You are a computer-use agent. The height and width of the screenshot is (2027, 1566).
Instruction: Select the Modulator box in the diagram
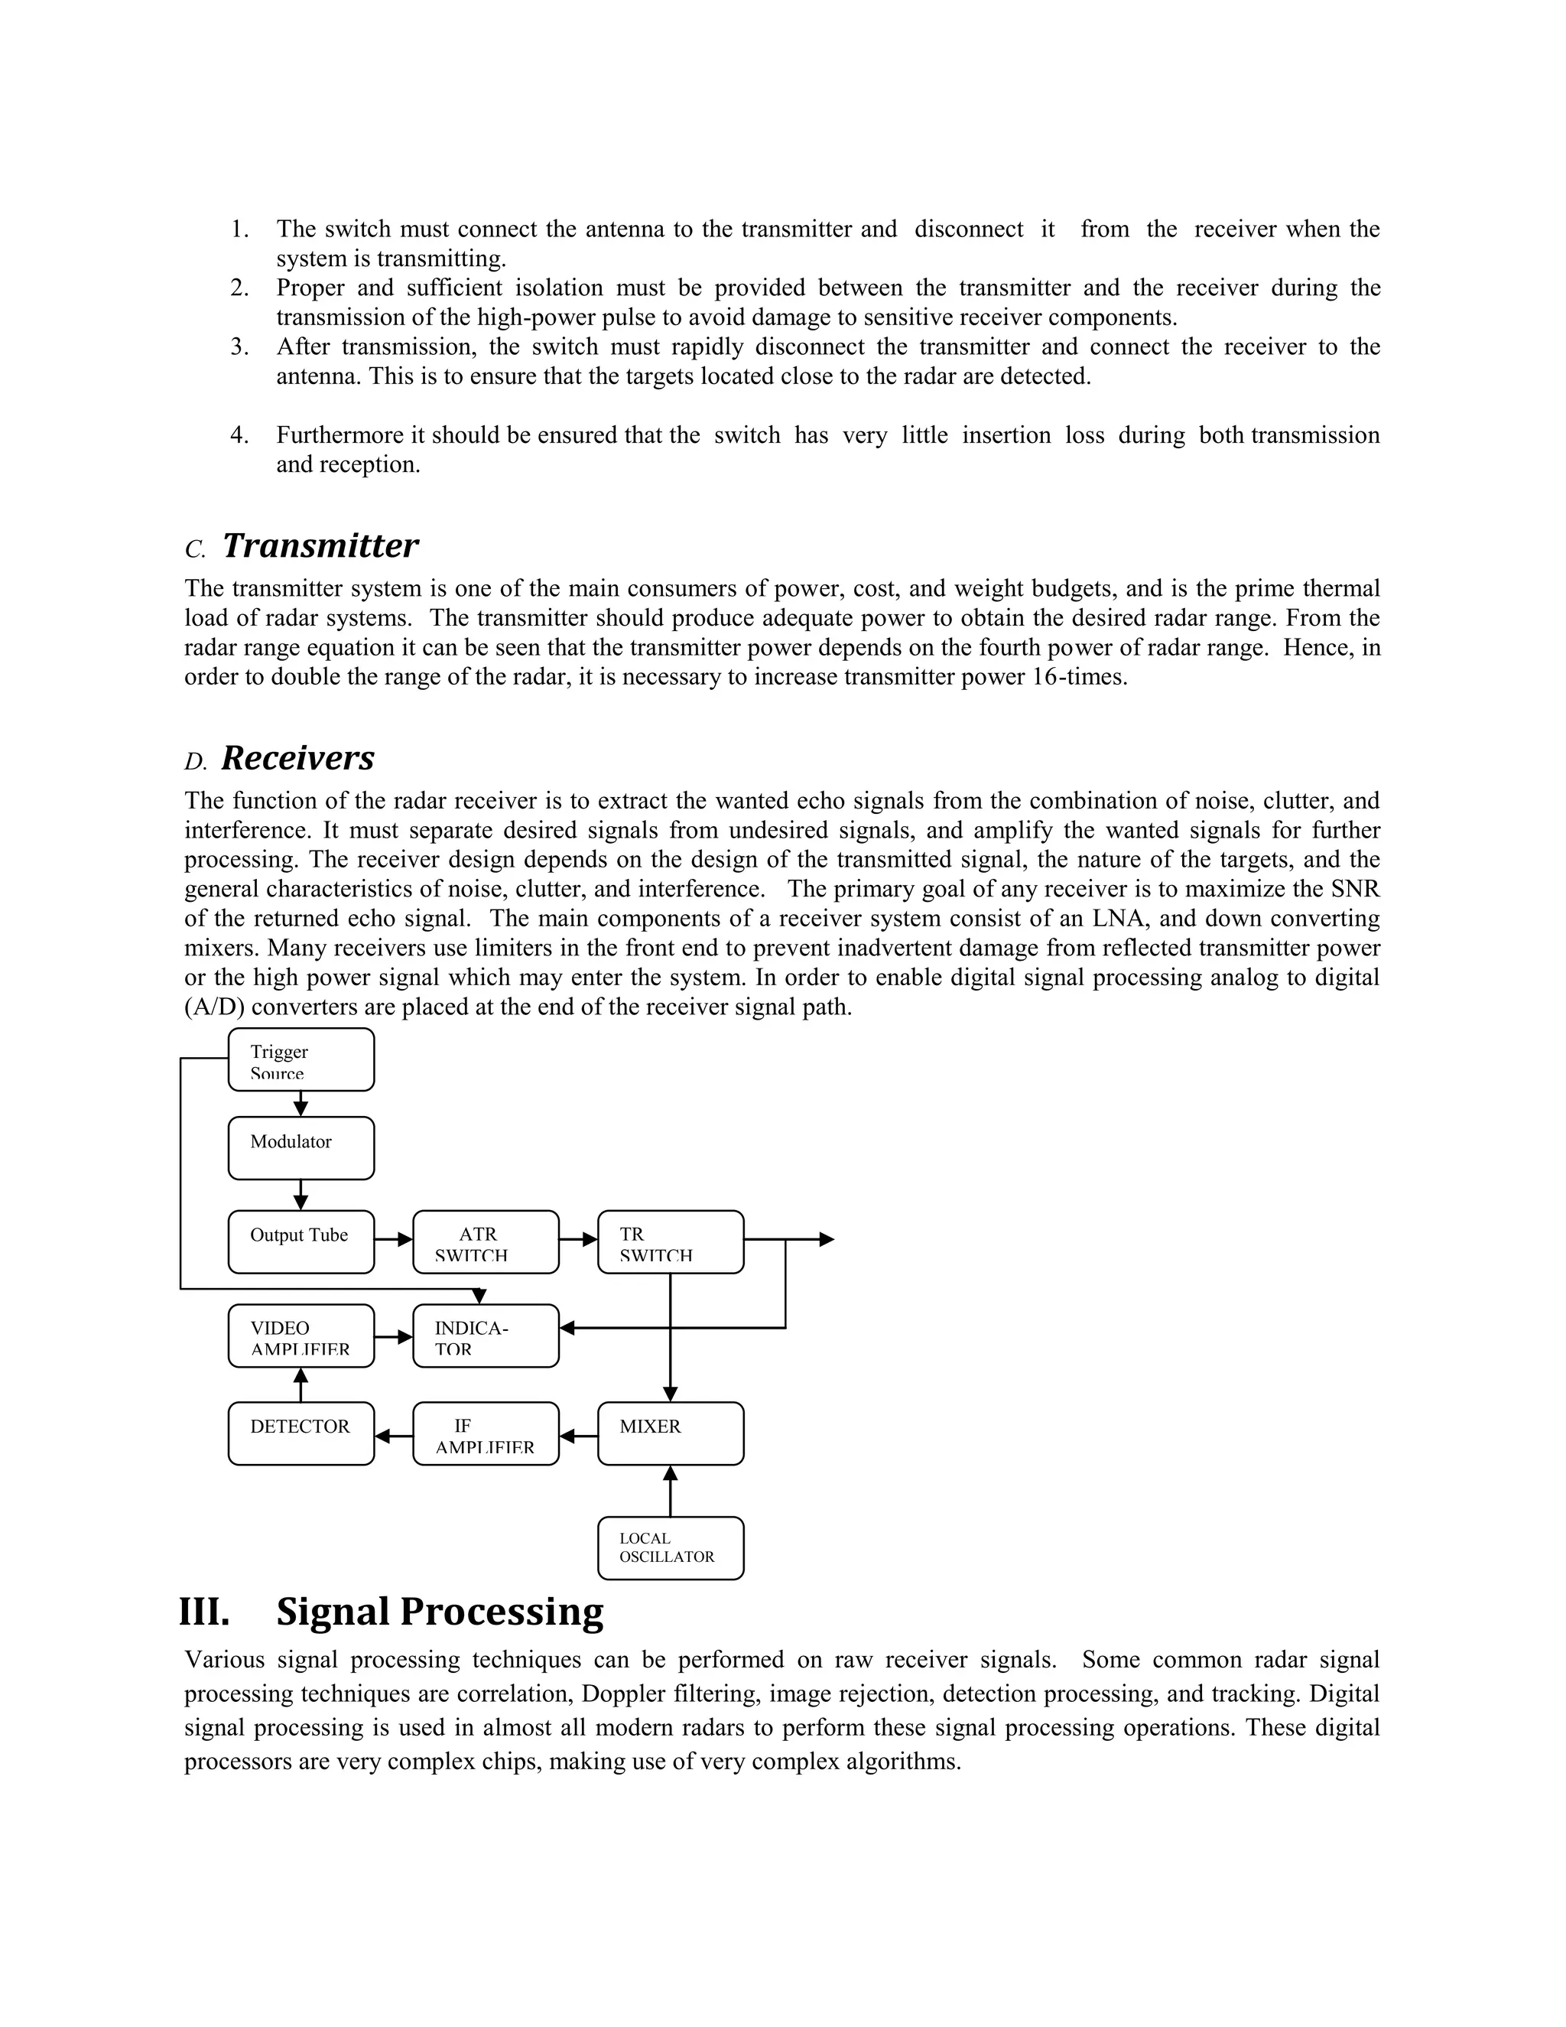pos(301,1148)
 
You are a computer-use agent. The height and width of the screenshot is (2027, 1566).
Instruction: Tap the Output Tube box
pos(301,1241)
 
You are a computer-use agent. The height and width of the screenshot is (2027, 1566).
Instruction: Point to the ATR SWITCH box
pos(486,1241)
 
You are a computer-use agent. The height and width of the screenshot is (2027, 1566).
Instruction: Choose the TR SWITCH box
pos(670,1241)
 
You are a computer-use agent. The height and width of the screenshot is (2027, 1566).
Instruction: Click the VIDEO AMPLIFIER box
pos(301,1336)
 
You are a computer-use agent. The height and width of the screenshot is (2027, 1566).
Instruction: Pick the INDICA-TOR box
pos(486,1336)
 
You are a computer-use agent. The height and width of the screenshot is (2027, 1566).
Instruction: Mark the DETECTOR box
pos(301,1433)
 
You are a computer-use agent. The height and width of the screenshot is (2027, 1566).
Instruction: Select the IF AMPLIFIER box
pos(486,1433)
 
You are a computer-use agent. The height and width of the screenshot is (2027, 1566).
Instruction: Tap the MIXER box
pos(670,1433)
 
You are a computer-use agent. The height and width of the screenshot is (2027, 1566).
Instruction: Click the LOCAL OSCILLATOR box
pos(670,1548)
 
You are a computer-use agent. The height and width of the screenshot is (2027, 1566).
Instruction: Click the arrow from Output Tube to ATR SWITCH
pos(393,1239)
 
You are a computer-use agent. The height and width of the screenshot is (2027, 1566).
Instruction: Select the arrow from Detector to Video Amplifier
pos(301,1384)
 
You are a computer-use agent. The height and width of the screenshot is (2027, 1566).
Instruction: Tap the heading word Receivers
pos(297,758)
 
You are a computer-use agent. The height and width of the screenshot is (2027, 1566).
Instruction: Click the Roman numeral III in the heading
pos(204,1612)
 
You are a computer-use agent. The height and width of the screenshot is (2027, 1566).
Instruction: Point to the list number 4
pos(239,435)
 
